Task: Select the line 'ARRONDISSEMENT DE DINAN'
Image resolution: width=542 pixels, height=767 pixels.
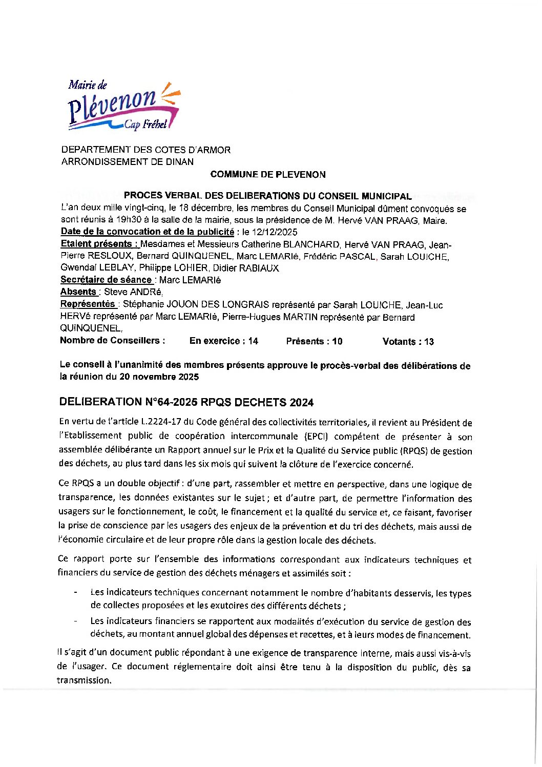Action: click(128, 162)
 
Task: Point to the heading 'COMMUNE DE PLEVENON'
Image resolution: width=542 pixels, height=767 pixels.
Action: click(267, 175)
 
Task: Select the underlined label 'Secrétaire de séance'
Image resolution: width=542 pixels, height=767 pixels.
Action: click(106, 280)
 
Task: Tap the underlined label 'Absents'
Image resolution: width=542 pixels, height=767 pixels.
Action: click(78, 292)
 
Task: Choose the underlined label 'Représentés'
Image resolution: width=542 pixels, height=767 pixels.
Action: click(88, 304)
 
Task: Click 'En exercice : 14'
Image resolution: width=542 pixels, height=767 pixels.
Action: click(224, 341)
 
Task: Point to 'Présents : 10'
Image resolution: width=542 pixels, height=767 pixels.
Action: click(314, 342)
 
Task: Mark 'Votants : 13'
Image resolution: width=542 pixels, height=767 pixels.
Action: click(408, 342)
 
